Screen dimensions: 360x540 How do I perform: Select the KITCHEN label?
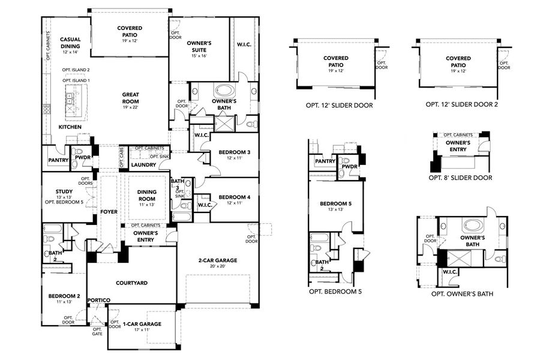pyautogui.click(x=70, y=127)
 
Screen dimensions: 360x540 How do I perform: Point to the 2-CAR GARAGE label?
pyautogui.click(x=218, y=260)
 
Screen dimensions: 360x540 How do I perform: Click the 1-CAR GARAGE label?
pyautogui.click(x=142, y=324)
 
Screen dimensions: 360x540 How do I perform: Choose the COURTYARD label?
pyautogui.click(x=131, y=283)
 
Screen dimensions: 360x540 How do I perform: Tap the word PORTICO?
pyautogui.click(x=98, y=300)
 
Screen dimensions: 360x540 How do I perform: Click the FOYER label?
pyautogui.click(x=109, y=212)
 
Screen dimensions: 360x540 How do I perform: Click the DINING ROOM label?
pyautogui.click(x=147, y=196)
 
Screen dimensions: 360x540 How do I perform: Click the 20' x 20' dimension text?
pyautogui.click(x=218, y=267)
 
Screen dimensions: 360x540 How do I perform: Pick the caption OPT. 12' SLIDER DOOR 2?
pyautogui.click(x=461, y=104)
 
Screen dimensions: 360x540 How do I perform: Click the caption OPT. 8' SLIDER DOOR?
pyautogui.click(x=460, y=178)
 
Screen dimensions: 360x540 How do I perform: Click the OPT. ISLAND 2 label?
pyautogui.click(x=76, y=70)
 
